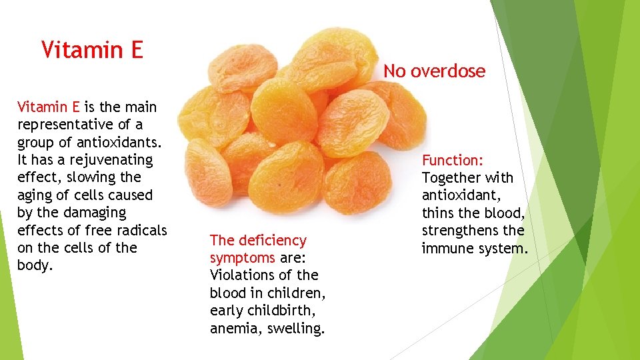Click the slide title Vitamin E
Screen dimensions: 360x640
92,49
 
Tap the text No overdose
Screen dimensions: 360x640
434,71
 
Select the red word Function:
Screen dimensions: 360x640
453,160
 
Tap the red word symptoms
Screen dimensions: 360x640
242,257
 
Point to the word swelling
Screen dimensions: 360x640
297,328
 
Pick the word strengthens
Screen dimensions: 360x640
461,231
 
